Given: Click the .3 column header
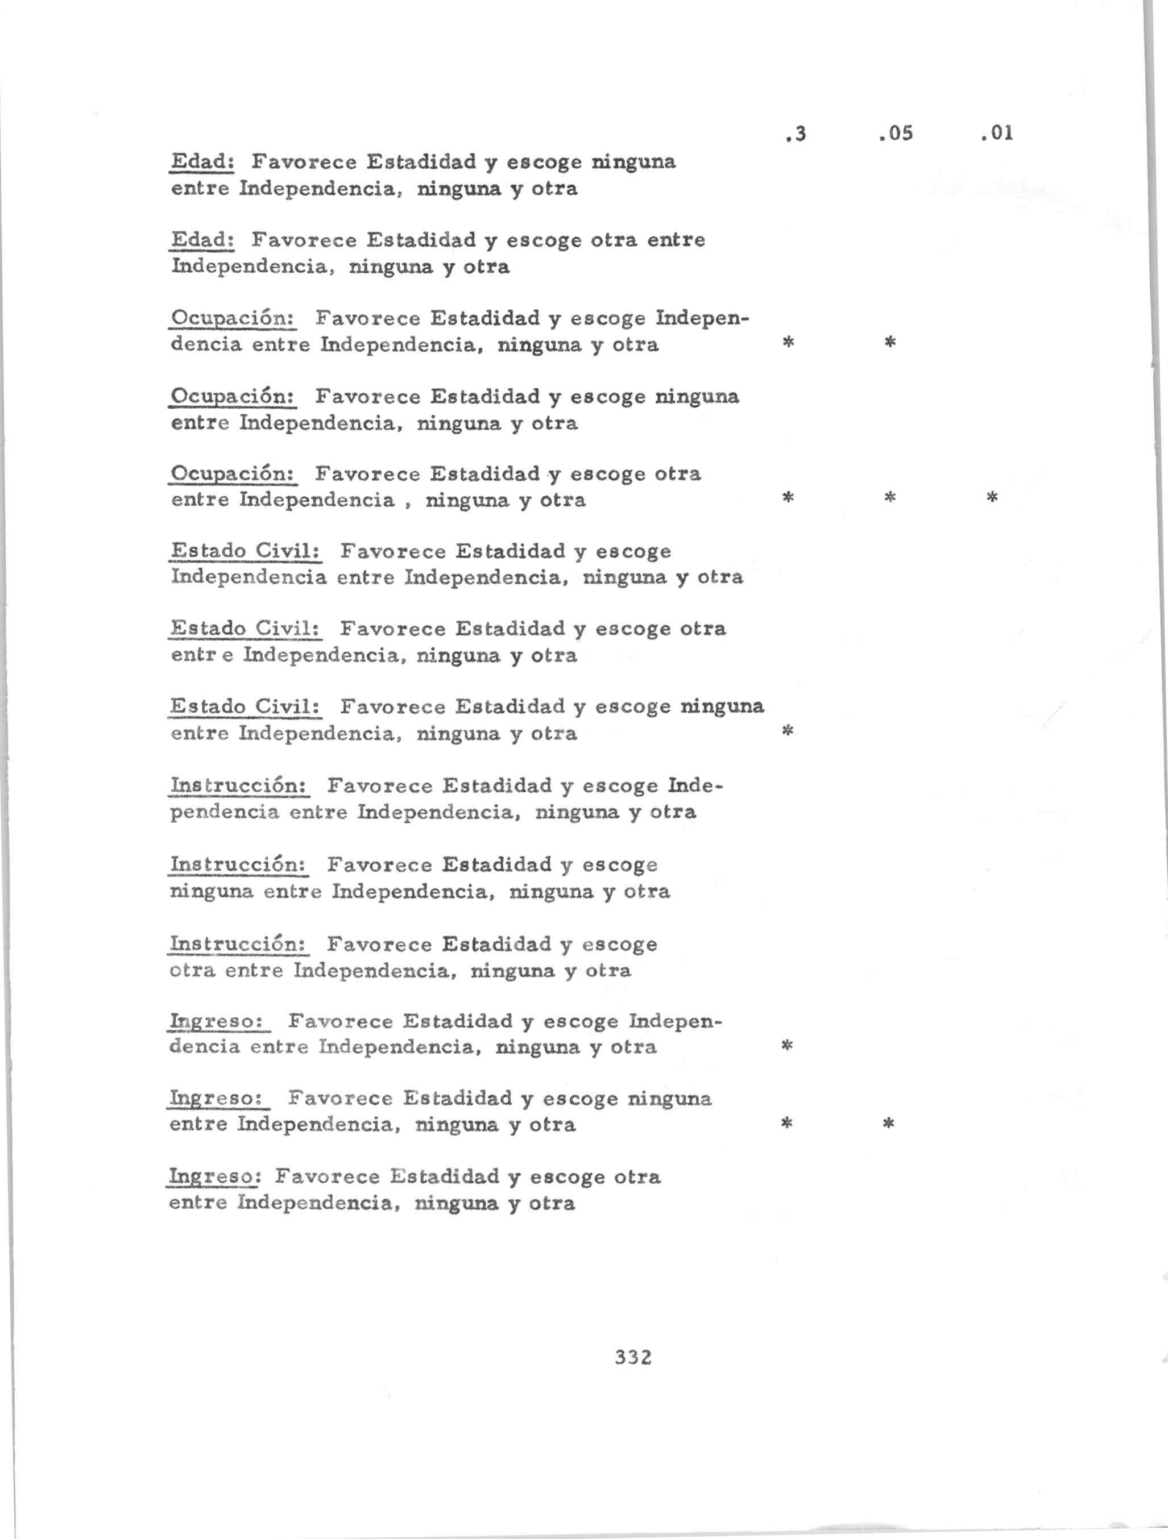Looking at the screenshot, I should pos(795,134).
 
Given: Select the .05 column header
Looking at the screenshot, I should pos(895,134).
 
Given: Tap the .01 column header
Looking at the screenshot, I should pos(997,134).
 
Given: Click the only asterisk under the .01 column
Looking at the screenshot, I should pos(992,497).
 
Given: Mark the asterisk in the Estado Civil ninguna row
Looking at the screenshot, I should pos(787,730).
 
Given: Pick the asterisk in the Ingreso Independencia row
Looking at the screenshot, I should pos(787,1046).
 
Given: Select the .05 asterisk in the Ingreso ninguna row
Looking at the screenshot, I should pos(888,1124).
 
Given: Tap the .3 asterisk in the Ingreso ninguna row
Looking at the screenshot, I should pos(787,1124).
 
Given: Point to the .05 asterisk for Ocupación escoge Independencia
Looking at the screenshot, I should pos(889,342).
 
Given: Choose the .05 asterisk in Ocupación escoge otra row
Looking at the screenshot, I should pos(889,497).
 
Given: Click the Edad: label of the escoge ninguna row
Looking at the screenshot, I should pos(202,161).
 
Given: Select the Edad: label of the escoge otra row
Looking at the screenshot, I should pos(202,240).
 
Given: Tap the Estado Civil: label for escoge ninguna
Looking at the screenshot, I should pos(246,707).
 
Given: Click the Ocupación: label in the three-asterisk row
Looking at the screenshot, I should pos(234,474).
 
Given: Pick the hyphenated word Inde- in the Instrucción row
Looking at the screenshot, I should pos(695,785).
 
